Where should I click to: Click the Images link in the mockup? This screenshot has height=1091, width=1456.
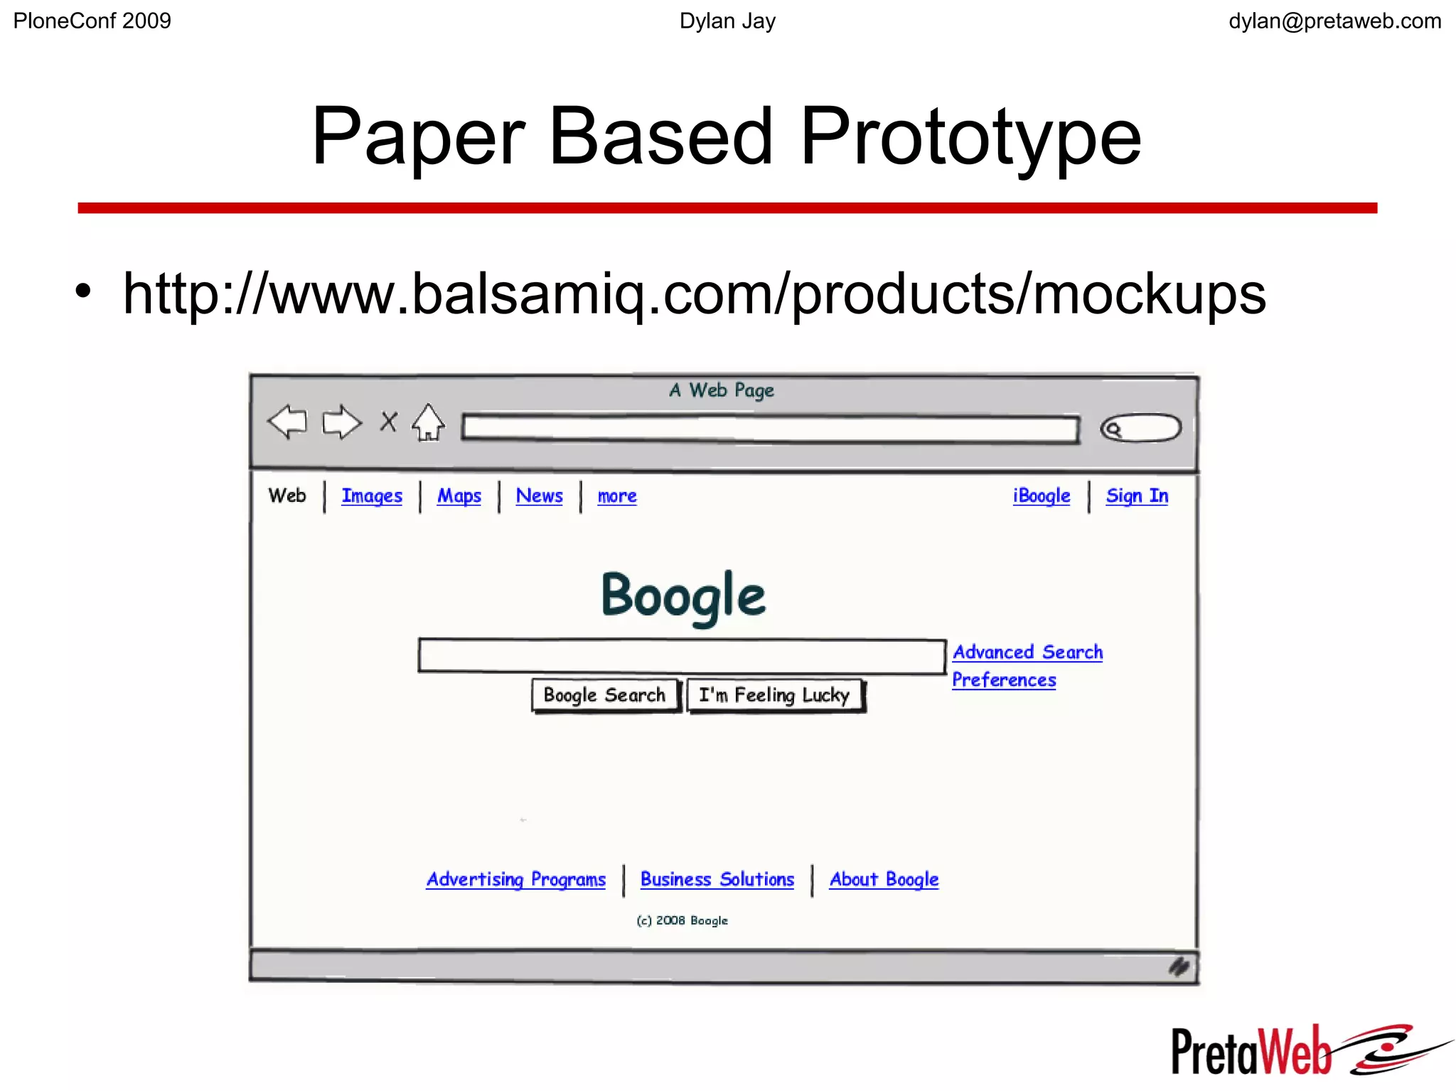(x=372, y=495)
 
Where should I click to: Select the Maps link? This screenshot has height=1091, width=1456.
(x=459, y=495)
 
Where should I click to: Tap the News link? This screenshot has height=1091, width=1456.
(x=539, y=495)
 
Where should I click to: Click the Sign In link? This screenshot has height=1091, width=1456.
(x=1137, y=495)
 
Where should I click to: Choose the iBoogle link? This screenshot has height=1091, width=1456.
(x=1042, y=495)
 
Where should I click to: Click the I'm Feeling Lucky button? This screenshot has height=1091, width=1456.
(x=774, y=694)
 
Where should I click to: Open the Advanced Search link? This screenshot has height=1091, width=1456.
(x=1027, y=652)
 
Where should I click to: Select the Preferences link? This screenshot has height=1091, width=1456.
(x=1004, y=679)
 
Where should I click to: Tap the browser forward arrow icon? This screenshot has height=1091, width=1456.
(x=342, y=422)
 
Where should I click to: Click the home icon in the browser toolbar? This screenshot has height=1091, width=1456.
(x=429, y=423)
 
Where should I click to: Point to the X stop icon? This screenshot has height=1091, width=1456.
(x=388, y=421)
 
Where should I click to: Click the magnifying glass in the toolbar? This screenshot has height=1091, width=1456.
(x=1113, y=429)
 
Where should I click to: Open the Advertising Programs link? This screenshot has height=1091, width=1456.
(x=516, y=879)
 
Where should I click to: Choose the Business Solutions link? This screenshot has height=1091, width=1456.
(x=717, y=879)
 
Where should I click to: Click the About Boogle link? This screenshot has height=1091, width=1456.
(x=884, y=879)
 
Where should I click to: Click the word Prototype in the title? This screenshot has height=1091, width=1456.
(x=970, y=136)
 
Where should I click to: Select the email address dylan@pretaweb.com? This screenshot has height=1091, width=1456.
(x=1334, y=21)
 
